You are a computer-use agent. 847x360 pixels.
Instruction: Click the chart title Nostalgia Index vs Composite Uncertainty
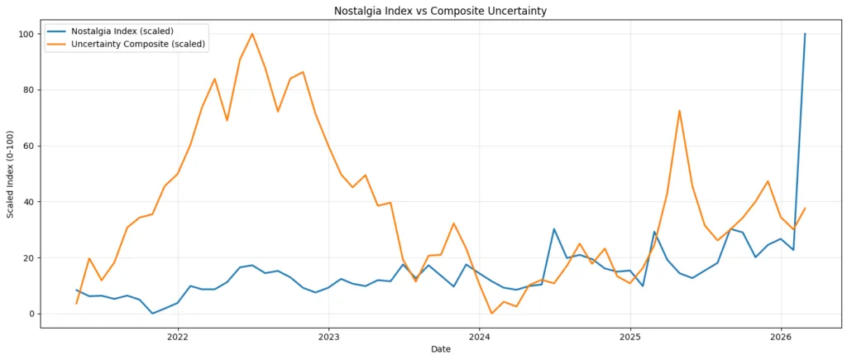440,11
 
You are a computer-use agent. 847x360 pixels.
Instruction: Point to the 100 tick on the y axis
26,34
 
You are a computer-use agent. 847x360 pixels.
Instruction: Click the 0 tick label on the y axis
31,314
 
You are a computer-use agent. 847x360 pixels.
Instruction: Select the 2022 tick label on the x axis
178,337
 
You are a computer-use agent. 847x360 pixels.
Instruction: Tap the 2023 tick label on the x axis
329,337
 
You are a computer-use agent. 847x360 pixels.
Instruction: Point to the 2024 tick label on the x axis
480,337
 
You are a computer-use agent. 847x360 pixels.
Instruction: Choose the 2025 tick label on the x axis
631,337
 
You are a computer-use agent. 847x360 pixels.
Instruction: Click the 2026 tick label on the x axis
782,337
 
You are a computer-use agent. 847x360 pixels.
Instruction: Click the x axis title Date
440,350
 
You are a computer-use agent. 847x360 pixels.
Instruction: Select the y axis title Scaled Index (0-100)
11,174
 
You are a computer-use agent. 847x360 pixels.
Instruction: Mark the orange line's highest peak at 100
252,34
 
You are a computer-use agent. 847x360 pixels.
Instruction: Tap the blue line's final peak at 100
805,34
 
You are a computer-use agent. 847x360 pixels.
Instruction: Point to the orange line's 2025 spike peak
679,111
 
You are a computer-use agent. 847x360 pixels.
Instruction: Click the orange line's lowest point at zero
491,313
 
